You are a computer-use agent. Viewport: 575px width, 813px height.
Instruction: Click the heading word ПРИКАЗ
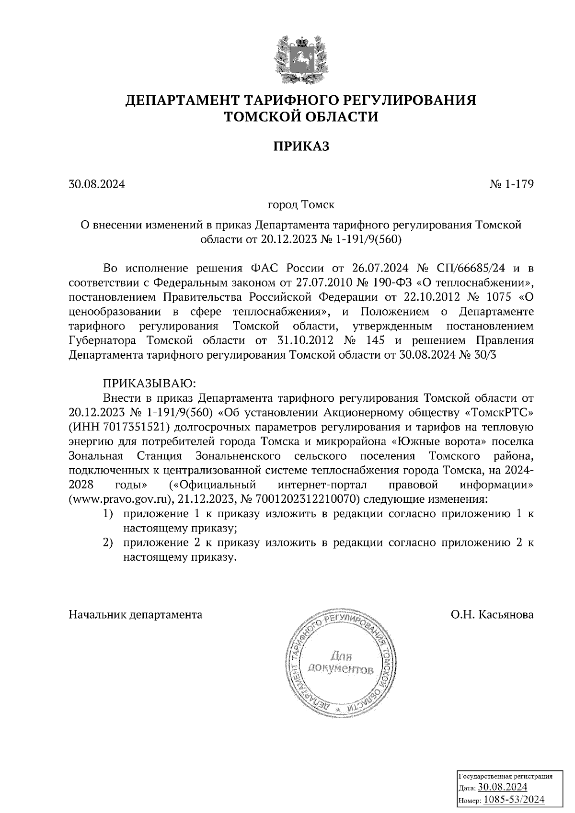(301, 146)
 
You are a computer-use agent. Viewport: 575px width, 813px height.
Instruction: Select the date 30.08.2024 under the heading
(97, 184)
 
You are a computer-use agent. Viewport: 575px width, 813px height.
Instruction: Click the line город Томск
(301, 205)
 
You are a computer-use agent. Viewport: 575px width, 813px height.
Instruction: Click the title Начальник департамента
(136, 614)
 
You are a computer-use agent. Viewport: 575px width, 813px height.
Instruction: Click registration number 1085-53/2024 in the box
(514, 799)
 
